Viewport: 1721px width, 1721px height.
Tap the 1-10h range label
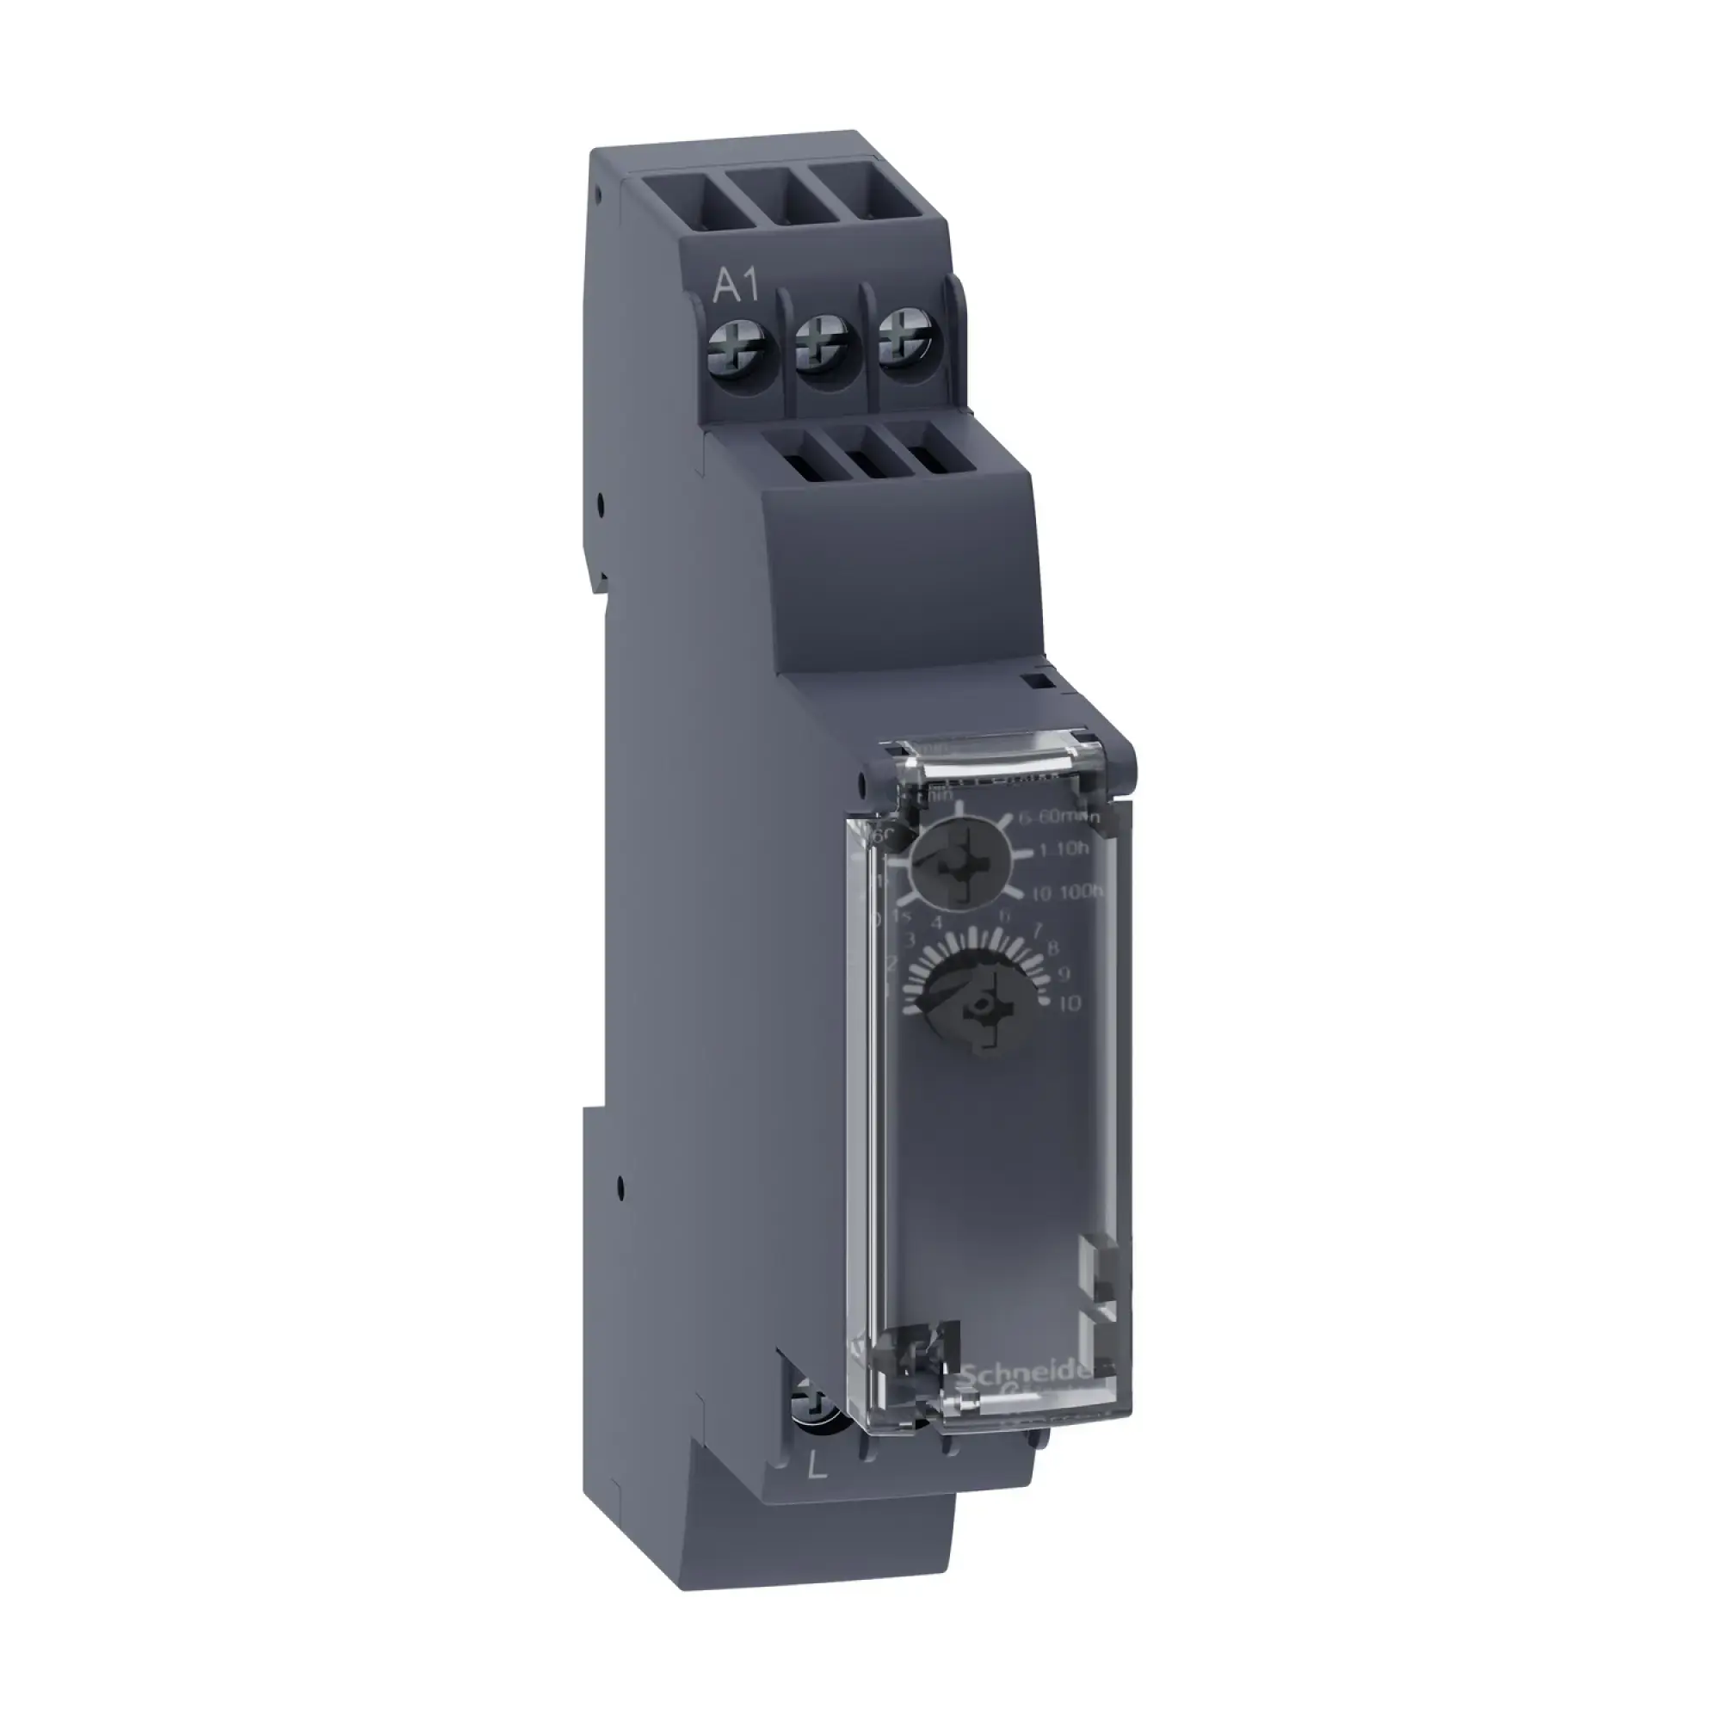(x=1064, y=849)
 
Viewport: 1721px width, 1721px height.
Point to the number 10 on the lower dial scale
(x=1069, y=1003)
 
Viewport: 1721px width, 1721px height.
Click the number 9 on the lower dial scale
(x=1062, y=973)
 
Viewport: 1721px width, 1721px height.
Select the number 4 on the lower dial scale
(x=936, y=922)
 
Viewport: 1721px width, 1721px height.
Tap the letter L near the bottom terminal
(x=817, y=1467)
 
